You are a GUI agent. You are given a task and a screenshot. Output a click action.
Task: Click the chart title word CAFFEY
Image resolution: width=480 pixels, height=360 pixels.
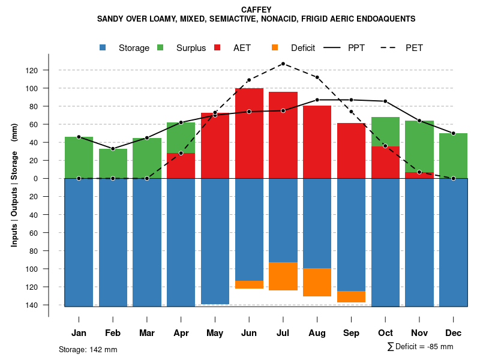click(256, 10)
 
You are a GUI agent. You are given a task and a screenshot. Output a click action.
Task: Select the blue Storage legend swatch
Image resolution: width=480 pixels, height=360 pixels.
click(104, 48)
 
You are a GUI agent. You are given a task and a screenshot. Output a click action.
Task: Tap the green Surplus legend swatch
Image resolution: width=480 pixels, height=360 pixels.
click(161, 48)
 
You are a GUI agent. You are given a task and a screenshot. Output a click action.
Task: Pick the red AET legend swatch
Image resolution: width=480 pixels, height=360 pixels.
click(218, 48)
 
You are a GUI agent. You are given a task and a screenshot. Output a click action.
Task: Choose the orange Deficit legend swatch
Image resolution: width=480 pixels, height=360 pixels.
click(275, 48)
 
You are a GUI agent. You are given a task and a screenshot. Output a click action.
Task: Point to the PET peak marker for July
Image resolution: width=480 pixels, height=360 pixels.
click(283, 64)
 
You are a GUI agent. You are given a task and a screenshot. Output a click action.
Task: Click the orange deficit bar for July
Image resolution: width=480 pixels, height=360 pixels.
click(283, 276)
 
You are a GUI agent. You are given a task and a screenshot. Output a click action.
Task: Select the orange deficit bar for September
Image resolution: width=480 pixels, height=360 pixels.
click(351, 296)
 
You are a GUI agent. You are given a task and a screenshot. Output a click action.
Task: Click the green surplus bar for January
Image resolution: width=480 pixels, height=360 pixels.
click(79, 157)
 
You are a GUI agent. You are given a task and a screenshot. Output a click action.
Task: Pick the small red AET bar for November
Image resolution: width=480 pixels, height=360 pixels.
click(419, 175)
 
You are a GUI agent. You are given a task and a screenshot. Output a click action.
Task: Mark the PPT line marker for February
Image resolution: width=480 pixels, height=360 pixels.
click(113, 148)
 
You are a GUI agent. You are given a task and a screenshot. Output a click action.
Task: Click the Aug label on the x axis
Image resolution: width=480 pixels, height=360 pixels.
click(317, 333)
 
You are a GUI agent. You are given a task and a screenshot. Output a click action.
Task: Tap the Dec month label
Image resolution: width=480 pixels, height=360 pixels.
click(454, 333)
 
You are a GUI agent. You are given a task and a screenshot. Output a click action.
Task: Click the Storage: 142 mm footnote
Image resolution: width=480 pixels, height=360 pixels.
click(88, 349)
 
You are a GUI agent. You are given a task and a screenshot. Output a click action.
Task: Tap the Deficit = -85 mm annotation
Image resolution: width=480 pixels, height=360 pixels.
click(420, 347)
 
